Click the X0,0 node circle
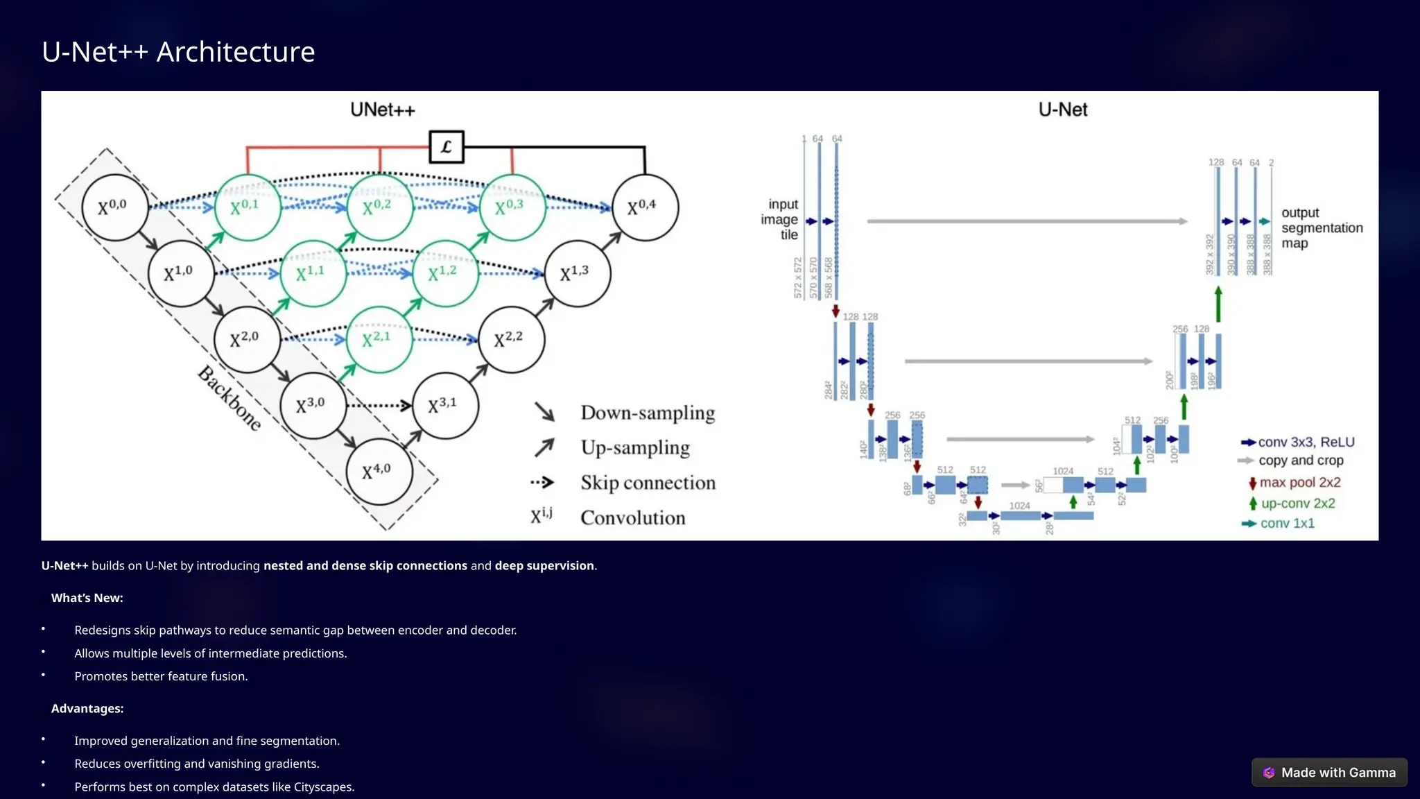tap(114, 207)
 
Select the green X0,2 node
tap(379, 207)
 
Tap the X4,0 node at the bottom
tap(379, 472)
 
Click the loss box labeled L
tap(447, 147)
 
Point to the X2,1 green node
tap(379, 339)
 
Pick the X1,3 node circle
tap(577, 273)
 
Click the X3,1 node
tap(444, 406)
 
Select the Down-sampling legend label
tap(648, 413)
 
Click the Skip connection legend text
tap(648, 483)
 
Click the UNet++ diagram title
tap(382, 110)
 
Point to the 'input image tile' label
tap(780, 219)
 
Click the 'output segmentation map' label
tap(1320, 227)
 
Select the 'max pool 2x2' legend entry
tap(1299, 483)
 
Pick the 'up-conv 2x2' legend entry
tap(1297, 504)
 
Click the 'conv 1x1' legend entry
tap(1287, 524)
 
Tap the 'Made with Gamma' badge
tap(1329, 773)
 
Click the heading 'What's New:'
tap(87, 598)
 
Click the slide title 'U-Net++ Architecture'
tap(178, 52)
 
